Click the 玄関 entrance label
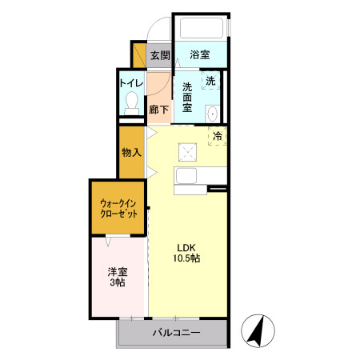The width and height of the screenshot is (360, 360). [x=160, y=55]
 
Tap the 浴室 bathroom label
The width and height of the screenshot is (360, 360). [x=200, y=55]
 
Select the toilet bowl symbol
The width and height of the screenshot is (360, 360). [x=132, y=102]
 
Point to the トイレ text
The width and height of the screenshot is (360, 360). [x=131, y=82]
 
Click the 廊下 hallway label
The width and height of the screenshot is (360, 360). [x=158, y=110]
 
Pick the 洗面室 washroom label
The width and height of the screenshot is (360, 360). [x=188, y=98]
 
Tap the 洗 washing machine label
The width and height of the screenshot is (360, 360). [x=210, y=81]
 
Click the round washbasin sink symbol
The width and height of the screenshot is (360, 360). [x=213, y=114]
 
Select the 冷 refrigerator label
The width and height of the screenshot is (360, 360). [x=217, y=136]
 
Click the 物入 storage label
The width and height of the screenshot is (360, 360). [x=131, y=152]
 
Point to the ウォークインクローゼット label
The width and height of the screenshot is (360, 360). [x=118, y=208]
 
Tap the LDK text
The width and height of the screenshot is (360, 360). [x=186, y=247]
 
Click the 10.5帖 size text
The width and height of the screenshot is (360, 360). [x=186, y=259]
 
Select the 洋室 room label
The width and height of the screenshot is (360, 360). [x=118, y=270]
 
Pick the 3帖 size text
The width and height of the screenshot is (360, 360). [x=118, y=282]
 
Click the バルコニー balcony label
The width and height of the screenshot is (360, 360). [x=176, y=332]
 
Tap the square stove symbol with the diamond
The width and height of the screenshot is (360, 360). [x=187, y=151]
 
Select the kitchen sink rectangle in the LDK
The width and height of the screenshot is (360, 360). [x=192, y=174]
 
